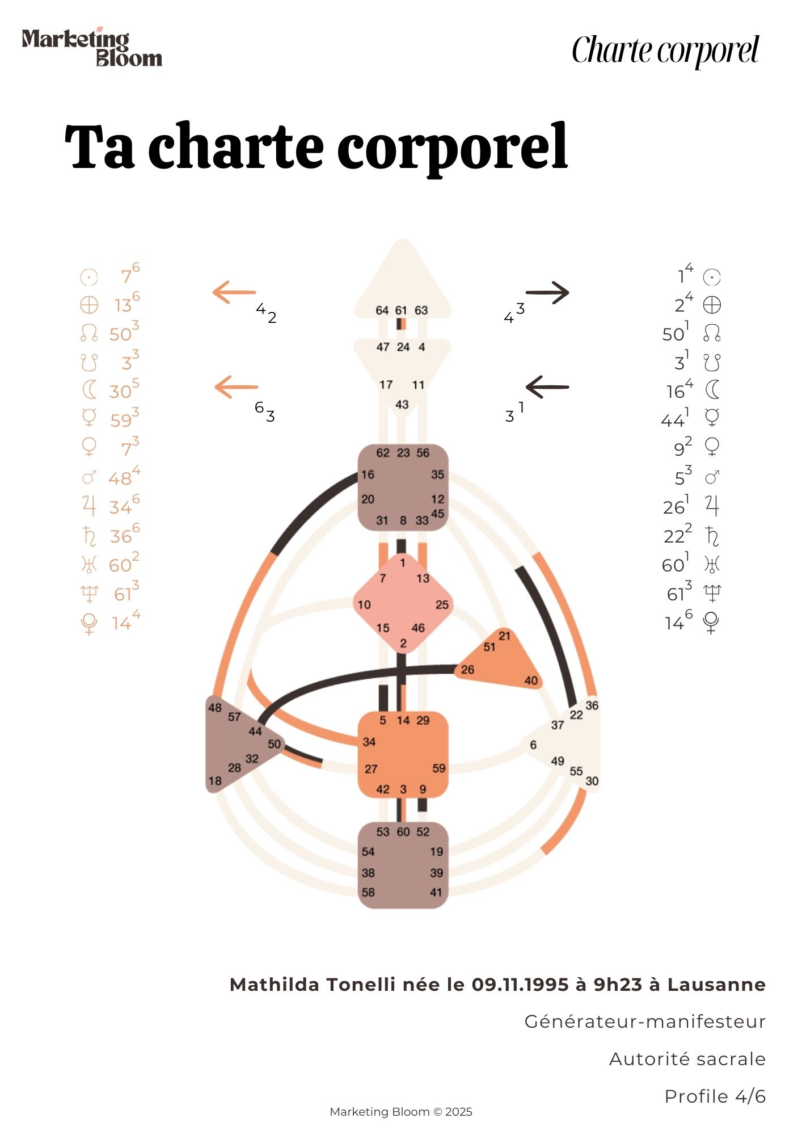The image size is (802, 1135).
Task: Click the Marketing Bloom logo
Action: coord(92,47)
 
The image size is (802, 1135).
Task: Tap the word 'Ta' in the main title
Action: coord(100,146)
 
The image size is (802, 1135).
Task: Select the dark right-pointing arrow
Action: coord(547,293)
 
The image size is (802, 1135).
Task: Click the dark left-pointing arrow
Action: coord(547,387)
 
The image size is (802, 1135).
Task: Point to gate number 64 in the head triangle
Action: coord(382,310)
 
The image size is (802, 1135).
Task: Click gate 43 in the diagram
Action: coord(402,405)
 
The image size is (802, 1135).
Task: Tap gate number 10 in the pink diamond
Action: coord(364,605)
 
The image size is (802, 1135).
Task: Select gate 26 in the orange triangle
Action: coord(467,670)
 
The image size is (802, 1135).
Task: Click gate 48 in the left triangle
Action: coord(215,708)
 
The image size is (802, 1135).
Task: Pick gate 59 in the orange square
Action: coord(439,768)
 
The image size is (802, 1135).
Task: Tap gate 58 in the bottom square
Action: coord(368,892)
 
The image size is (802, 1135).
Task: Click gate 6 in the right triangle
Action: coord(533,745)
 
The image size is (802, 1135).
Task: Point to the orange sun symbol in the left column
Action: coord(89,277)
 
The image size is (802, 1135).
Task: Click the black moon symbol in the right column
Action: coord(712,390)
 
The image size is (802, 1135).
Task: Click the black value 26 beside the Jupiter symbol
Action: coord(674,507)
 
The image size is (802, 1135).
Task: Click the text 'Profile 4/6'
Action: coord(715,1096)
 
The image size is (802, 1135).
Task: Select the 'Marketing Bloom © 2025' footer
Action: coord(401,1112)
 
